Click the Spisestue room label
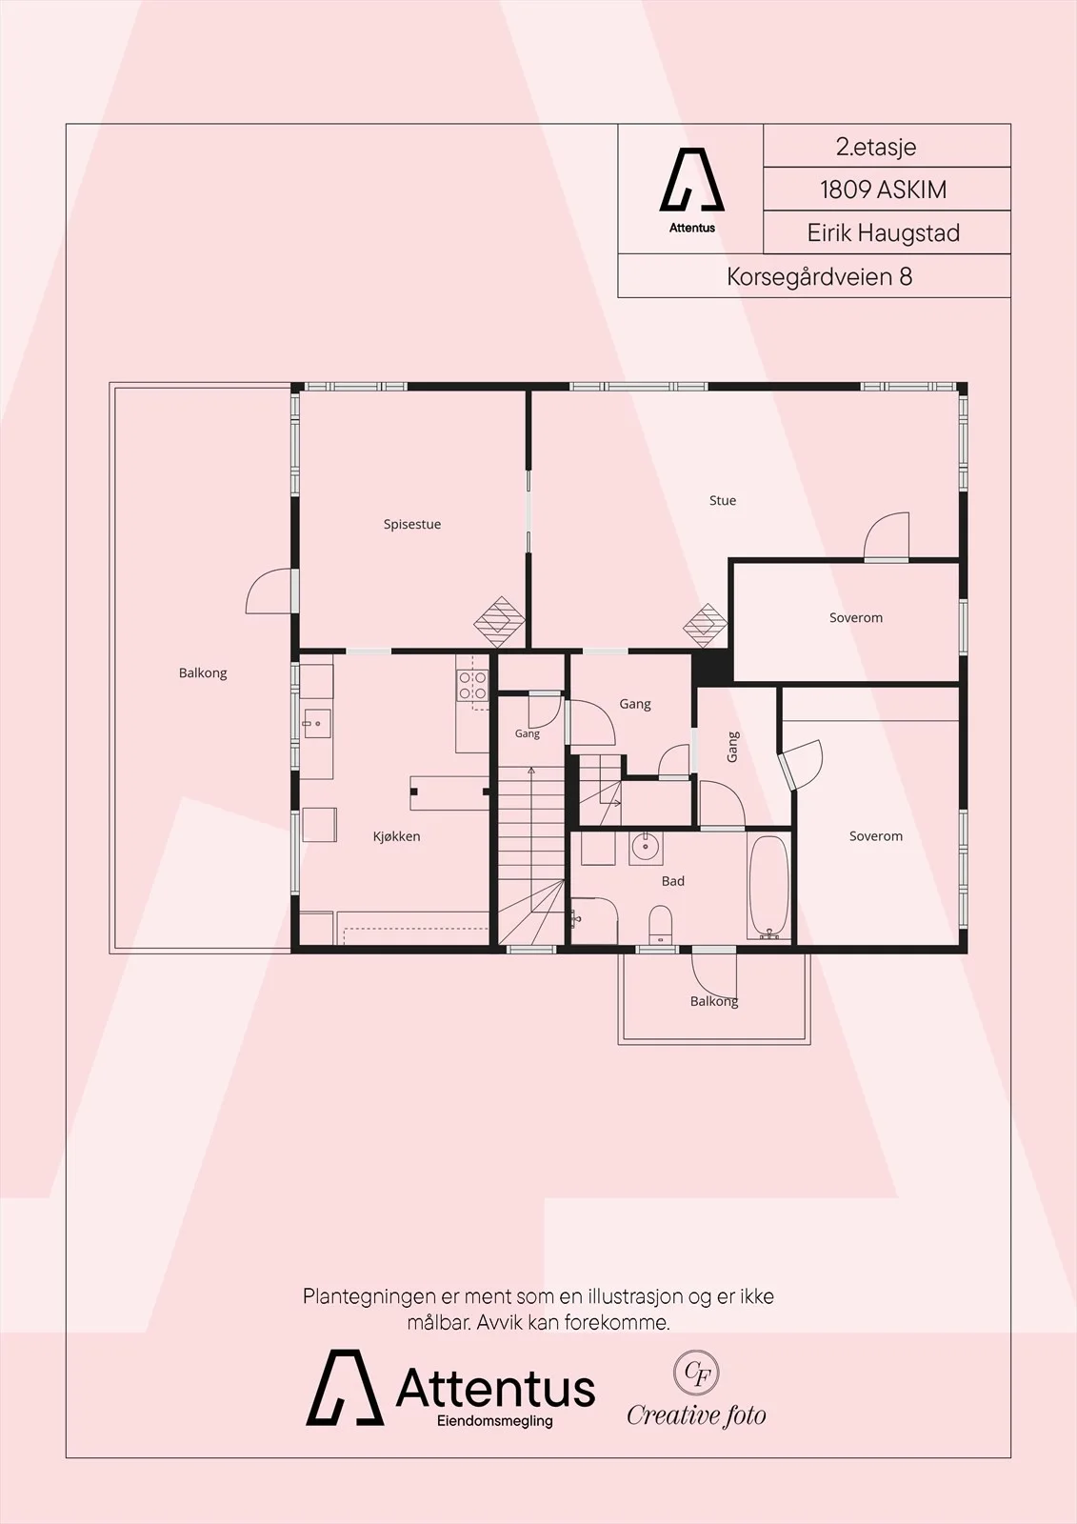(x=411, y=524)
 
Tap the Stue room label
(x=723, y=500)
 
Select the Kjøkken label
(x=397, y=836)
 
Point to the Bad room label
(x=673, y=881)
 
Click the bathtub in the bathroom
(x=769, y=887)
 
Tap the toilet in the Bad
(x=660, y=924)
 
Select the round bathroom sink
(x=645, y=848)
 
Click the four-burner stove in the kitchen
(x=472, y=685)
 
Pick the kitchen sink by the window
(x=317, y=724)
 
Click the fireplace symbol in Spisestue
(x=499, y=622)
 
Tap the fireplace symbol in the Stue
(x=705, y=625)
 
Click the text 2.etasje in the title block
(x=876, y=147)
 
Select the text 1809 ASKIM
(x=883, y=190)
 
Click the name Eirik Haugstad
(x=883, y=233)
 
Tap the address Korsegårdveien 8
(x=819, y=277)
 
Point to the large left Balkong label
(x=203, y=672)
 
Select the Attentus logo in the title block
(x=692, y=190)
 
